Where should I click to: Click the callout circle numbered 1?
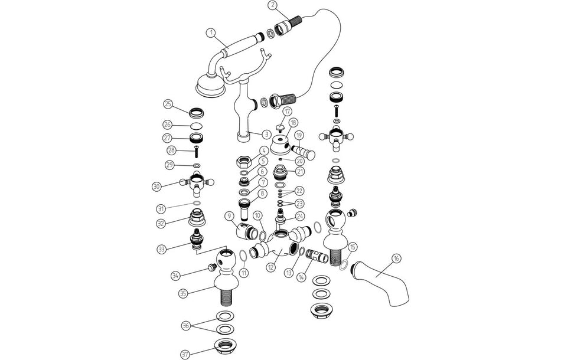211,33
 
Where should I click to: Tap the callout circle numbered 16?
396,258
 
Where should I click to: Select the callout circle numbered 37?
185,354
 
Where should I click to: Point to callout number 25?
168,104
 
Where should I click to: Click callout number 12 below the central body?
272,267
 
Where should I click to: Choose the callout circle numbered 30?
156,186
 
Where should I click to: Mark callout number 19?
299,135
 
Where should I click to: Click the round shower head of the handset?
210,85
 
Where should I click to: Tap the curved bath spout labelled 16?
380,283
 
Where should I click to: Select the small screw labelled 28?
196,152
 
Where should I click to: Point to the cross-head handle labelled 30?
196,182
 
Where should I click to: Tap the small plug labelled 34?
212,267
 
